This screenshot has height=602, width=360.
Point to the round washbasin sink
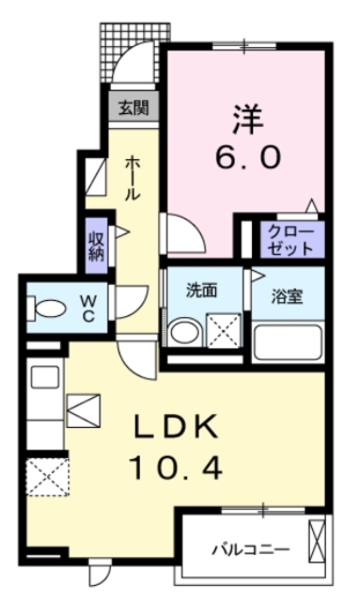(183, 333)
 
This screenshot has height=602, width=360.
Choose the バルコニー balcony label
(249, 547)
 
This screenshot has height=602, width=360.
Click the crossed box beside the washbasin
(224, 333)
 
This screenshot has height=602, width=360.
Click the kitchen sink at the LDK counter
(44, 378)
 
